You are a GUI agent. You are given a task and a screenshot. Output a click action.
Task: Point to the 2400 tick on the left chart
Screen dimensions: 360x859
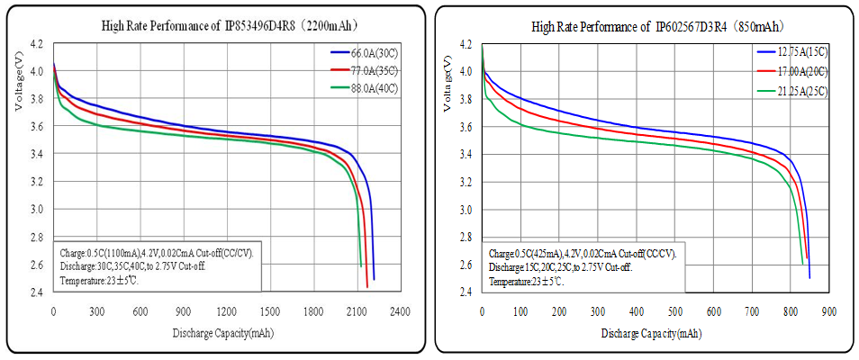point(400,311)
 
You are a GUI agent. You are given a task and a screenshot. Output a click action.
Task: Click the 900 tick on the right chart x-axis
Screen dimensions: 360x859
point(829,311)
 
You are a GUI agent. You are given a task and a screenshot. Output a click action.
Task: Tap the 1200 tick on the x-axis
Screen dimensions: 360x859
point(226,311)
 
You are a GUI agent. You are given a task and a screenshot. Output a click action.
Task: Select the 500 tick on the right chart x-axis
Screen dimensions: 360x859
point(675,311)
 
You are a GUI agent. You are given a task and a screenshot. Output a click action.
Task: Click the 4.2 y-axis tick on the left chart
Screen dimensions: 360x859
point(36,43)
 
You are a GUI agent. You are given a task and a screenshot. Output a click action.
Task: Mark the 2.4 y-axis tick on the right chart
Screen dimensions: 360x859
point(466,292)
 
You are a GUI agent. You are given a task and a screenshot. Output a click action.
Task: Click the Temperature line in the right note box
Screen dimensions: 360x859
point(526,282)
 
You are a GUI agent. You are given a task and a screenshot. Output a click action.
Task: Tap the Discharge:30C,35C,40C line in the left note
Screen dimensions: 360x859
point(144,267)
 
